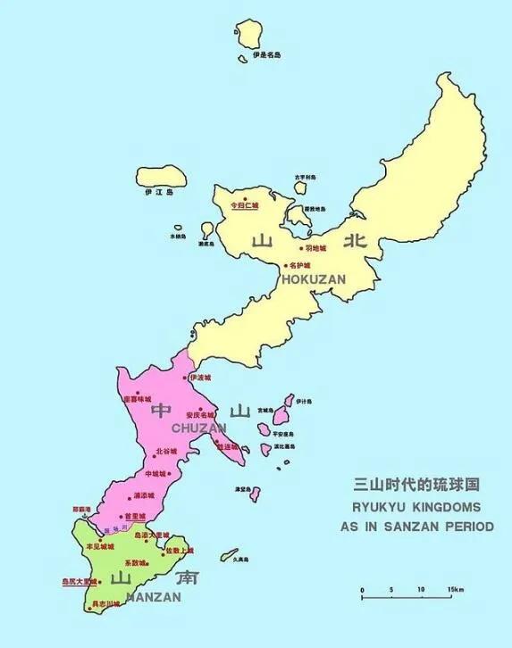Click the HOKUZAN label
click(314, 279)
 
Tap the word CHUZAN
click(199, 428)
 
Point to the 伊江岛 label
click(158, 192)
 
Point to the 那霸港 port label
click(82, 510)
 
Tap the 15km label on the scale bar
click(456, 590)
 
